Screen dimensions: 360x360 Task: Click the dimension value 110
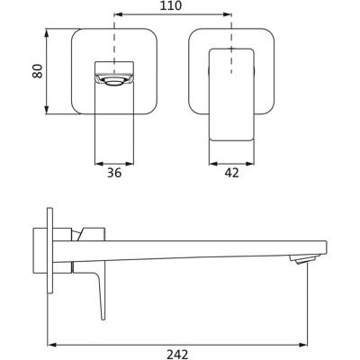[x=171, y=5]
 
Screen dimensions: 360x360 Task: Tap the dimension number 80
[x=38, y=71]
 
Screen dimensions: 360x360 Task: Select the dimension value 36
[x=114, y=173]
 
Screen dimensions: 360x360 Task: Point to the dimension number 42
[x=231, y=173]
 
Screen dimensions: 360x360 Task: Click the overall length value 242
[x=177, y=355]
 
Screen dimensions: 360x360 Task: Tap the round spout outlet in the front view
[x=113, y=81]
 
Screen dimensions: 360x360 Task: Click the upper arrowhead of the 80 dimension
[x=46, y=33]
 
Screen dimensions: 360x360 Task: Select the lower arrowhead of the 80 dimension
[x=46, y=110]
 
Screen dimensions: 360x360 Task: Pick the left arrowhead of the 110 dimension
[x=119, y=13]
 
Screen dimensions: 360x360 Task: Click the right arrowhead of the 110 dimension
[x=227, y=13]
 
